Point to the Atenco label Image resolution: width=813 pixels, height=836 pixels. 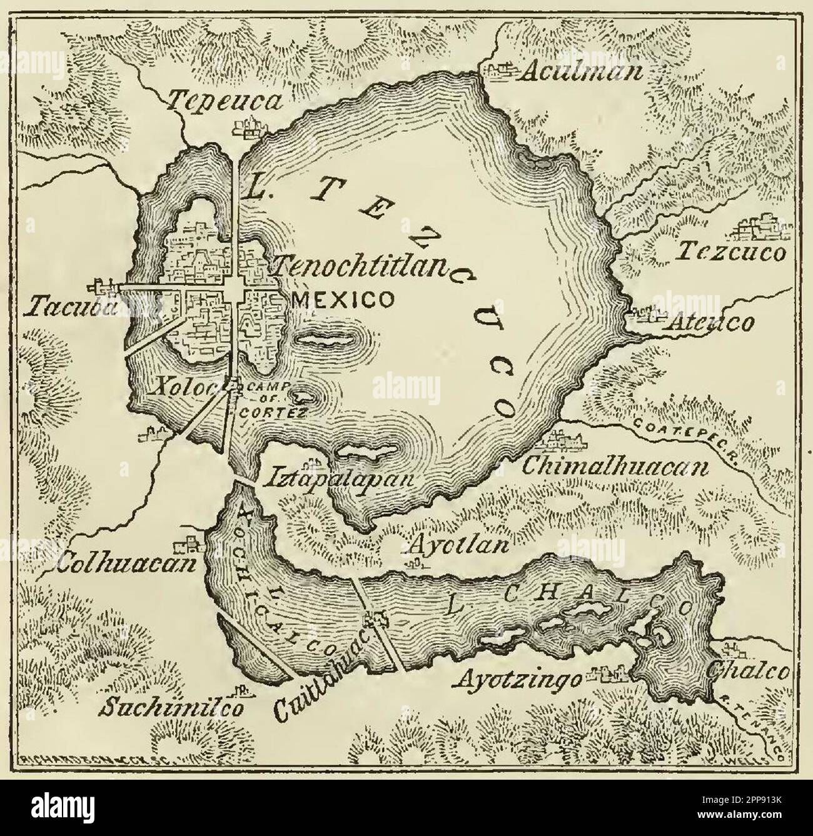[x=711, y=323]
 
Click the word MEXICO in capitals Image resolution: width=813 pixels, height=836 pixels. [x=343, y=300]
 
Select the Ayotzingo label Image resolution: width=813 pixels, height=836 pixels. [x=521, y=677]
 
